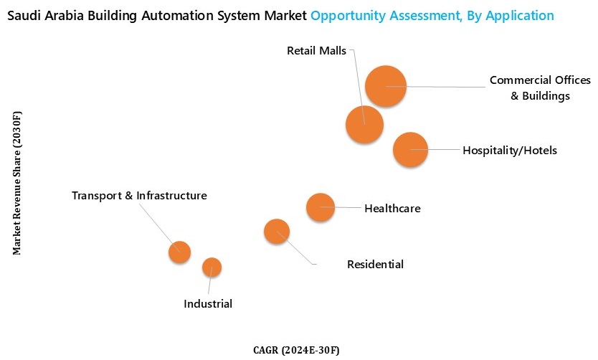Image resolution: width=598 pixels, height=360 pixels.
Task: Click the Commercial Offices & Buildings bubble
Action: pos(386,86)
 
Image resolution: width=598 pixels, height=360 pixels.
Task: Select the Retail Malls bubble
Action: pos(364,124)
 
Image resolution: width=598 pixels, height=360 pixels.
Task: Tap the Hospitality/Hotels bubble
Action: pos(410,150)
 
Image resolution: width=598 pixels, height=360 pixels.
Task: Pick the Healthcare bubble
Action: pos(321,207)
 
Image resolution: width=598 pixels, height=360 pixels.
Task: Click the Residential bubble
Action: pos(277,231)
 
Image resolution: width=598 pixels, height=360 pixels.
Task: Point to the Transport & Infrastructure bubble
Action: pos(179,252)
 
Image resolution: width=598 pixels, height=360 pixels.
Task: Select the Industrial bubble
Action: pos(212,267)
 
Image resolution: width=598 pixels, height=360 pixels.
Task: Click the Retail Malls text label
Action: pos(316,51)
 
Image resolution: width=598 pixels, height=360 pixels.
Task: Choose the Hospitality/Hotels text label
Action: pos(509,151)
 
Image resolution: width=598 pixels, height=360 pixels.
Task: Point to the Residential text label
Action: pos(375,265)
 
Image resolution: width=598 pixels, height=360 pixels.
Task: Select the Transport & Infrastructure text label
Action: pos(139,195)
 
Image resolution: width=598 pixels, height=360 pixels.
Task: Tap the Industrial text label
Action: pos(208,304)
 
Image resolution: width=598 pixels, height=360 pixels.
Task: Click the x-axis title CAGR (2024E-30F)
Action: pos(296,350)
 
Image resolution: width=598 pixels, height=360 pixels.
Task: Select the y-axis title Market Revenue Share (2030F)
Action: pos(17,182)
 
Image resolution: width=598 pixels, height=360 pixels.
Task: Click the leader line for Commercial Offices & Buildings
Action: pos(445,87)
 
